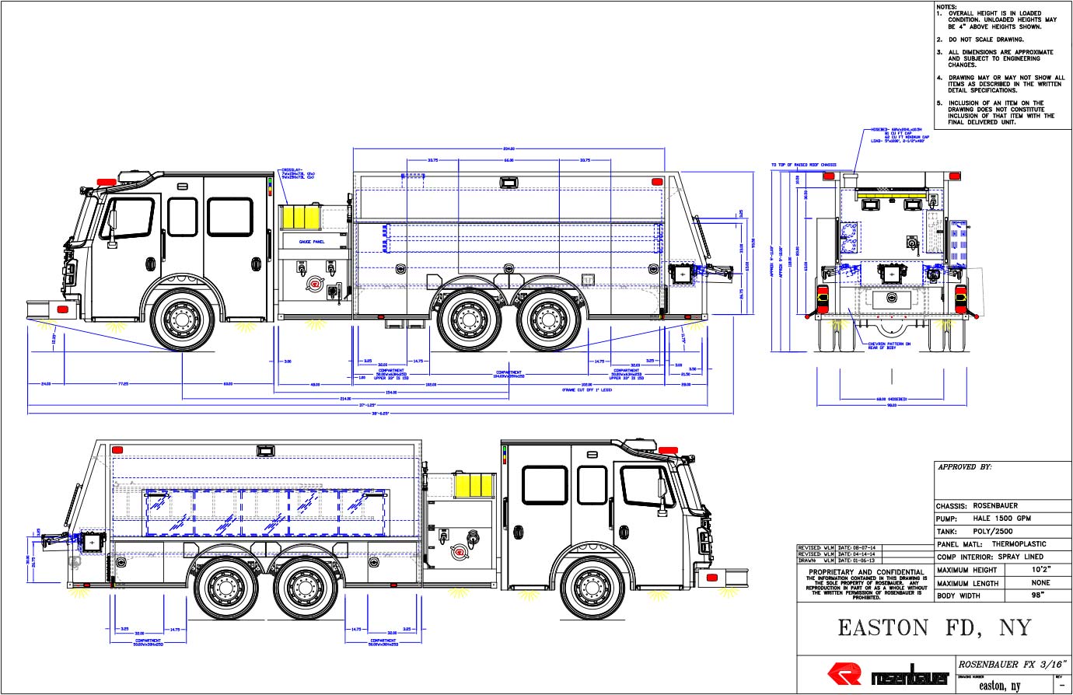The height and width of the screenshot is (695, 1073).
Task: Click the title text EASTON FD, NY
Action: click(x=933, y=628)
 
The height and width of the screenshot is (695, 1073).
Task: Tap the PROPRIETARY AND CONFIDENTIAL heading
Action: click(x=866, y=571)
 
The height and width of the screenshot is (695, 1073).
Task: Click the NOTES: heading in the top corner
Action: click(x=947, y=6)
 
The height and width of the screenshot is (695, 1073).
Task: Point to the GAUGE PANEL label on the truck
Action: click(x=312, y=243)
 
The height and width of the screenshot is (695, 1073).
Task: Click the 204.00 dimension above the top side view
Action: click(x=509, y=148)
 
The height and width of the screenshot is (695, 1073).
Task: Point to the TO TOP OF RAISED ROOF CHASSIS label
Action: click(x=803, y=165)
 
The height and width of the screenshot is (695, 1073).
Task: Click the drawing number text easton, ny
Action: click(x=999, y=686)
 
